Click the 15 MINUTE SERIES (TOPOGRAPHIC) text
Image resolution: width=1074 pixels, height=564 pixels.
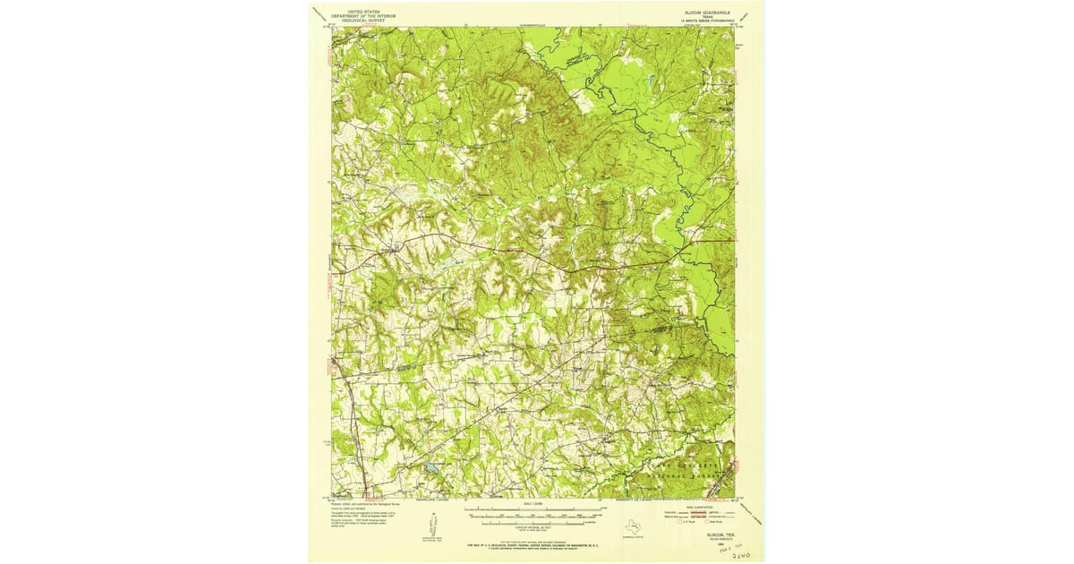coord(705,21)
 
